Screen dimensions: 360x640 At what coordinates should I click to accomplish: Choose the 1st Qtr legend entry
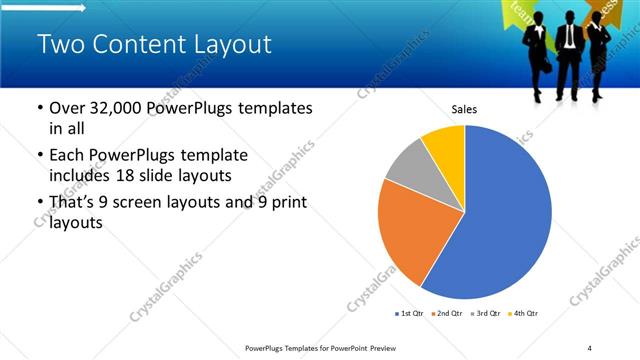(409, 314)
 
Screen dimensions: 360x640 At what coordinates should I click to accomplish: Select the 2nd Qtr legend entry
(446, 314)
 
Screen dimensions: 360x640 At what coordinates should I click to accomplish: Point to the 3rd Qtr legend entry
(484, 314)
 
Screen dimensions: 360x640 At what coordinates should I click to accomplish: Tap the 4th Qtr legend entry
(522, 314)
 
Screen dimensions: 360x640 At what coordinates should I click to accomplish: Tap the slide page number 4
(590, 347)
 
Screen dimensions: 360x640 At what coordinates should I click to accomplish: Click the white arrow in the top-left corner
(45, 8)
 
